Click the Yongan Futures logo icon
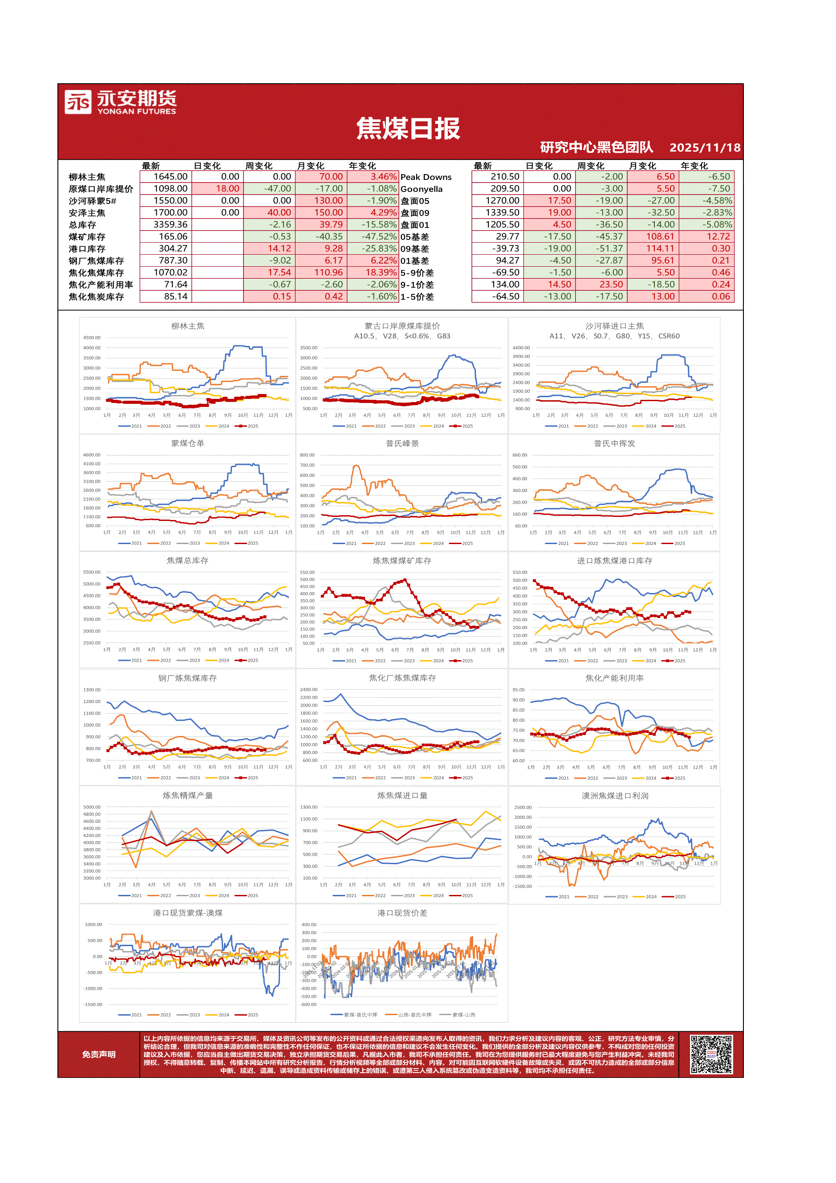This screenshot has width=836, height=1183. click(x=78, y=102)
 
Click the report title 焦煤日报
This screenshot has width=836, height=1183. click(x=408, y=128)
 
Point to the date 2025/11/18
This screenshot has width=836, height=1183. click(x=704, y=148)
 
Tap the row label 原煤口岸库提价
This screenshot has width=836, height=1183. click(x=101, y=189)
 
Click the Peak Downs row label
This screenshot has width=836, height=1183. click(x=426, y=177)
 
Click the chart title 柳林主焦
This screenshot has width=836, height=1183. click(x=187, y=326)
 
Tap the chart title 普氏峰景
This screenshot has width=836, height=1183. click(x=402, y=443)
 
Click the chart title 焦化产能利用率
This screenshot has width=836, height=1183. click(x=614, y=678)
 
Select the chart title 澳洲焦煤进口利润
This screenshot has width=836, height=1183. click(x=614, y=796)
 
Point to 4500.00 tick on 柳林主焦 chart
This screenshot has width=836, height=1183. click(x=92, y=338)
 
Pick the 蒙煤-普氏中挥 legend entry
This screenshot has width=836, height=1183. click(x=355, y=1015)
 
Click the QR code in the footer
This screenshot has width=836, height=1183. click(x=711, y=1054)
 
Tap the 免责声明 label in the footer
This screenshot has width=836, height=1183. click(x=98, y=1054)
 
